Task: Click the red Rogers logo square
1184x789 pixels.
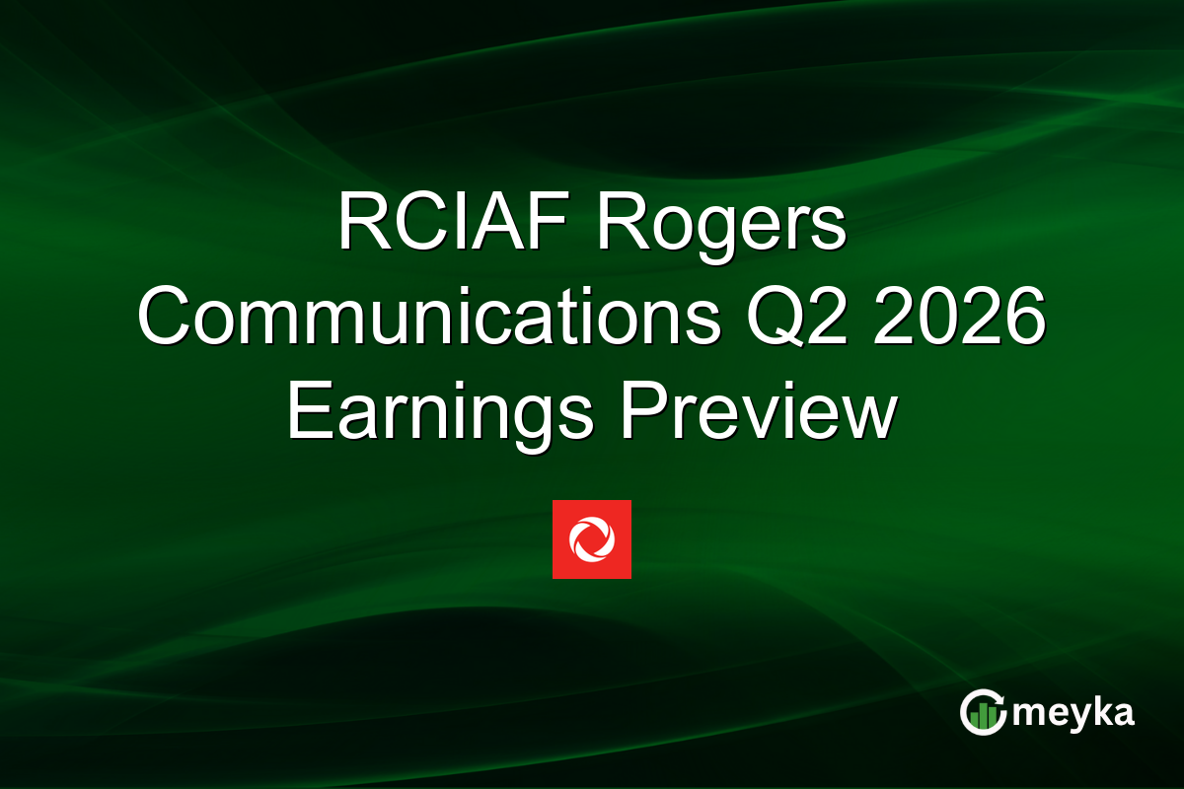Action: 592,539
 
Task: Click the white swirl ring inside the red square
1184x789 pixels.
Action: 592,539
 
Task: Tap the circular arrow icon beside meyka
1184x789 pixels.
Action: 985,712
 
